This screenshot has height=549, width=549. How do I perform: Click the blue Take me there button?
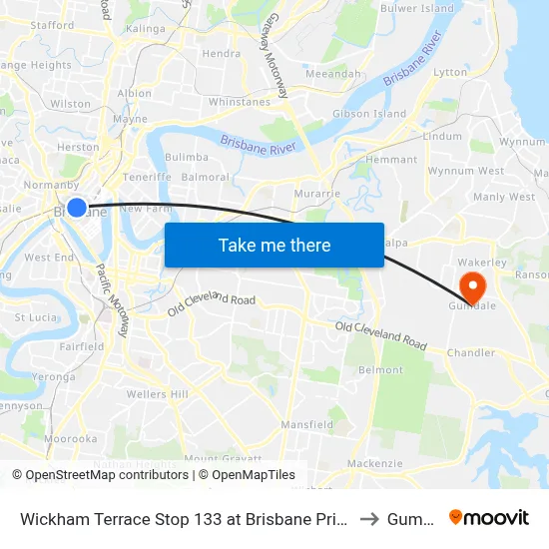point(274,245)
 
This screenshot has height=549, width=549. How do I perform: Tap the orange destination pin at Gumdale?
point(467,286)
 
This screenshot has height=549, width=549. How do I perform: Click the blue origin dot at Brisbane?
point(77,208)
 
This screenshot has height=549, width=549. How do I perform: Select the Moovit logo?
point(489,517)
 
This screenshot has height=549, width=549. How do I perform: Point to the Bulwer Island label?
point(416,9)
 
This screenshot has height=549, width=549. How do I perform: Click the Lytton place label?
point(450,72)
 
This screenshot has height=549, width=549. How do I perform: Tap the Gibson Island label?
point(369,114)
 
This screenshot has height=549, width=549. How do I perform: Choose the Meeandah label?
point(333,74)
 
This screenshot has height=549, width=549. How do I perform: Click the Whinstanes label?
point(240,102)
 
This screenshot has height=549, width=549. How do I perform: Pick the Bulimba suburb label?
point(187,157)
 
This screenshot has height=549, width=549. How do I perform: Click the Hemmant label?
point(391,160)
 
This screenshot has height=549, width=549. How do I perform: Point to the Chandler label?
point(471,352)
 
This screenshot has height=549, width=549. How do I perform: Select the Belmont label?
point(380,369)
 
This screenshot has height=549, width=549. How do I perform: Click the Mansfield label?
point(306,424)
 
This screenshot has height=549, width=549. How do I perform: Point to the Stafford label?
point(52,25)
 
